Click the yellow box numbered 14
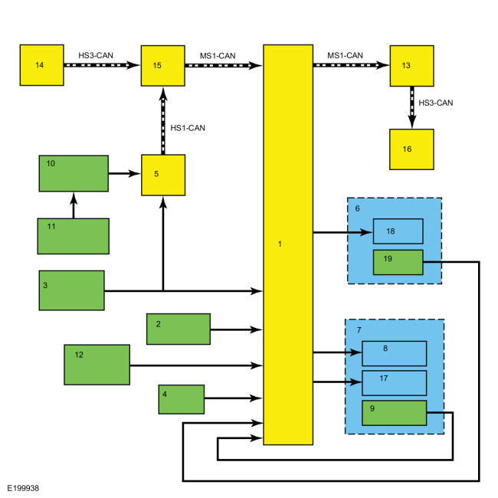(41, 65)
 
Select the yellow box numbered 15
(162, 66)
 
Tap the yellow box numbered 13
(411, 66)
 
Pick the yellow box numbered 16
(411, 149)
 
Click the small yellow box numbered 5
(162, 175)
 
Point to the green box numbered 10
(73, 173)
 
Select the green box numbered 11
(73, 236)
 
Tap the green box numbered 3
(71, 290)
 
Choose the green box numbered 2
(179, 329)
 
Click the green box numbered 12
(97, 365)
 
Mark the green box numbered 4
(182, 398)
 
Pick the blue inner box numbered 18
(398, 231)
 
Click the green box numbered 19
(398, 261)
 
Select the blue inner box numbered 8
(394, 353)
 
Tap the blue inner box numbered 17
(394, 382)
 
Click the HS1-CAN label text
(188, 127)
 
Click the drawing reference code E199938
(24, 487)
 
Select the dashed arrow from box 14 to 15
(102, 66)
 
